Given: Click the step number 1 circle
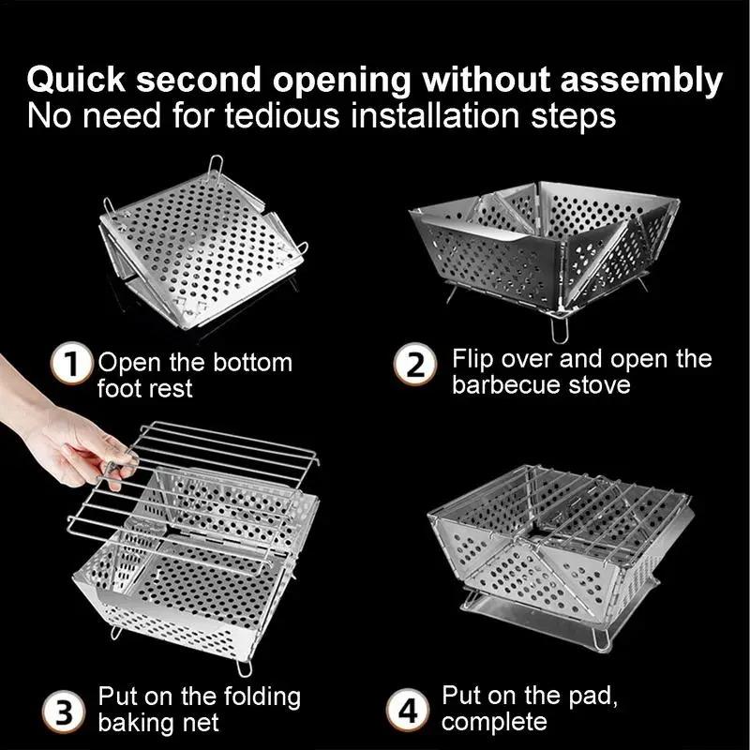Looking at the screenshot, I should click(x=79, y=363).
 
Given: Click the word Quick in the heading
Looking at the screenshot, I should click(x=73, y=81).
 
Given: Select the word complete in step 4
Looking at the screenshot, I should click(x=493, y=723).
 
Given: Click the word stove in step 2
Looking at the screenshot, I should click(x=599, y=385).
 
